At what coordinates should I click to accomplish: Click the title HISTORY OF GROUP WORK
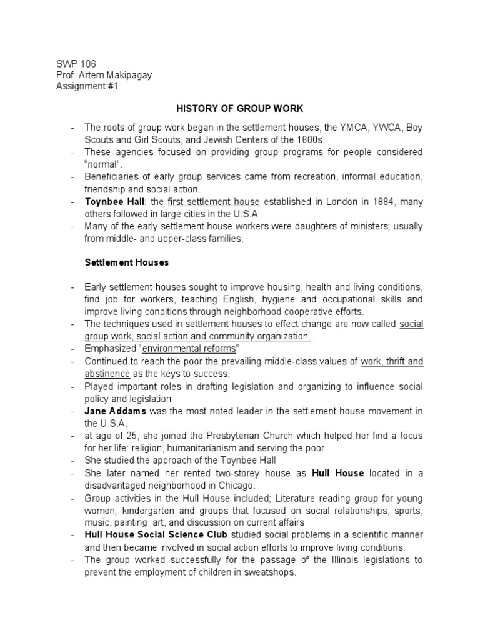(x=240, y=107)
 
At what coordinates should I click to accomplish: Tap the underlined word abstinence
(x=107, y=373)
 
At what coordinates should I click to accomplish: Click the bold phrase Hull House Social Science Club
(x=157, y=535)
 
